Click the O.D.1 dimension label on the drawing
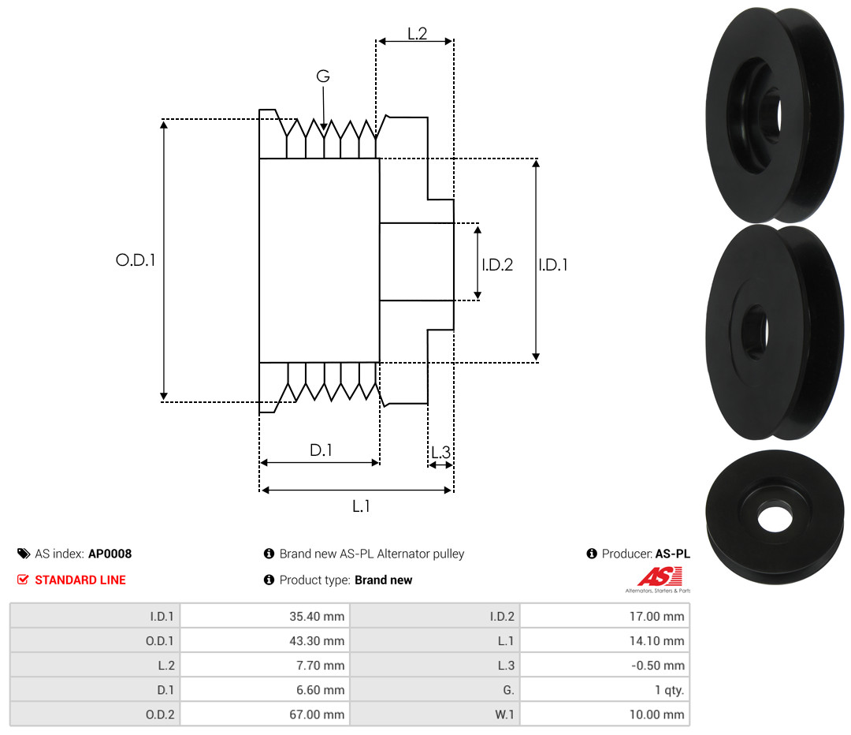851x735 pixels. tap(136, 260)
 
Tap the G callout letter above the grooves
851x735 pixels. tap(323, 76)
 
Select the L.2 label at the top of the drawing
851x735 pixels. tap(418, 34)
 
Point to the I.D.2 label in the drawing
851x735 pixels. tap(497, 264)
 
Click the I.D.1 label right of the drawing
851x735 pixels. tap(553, 264)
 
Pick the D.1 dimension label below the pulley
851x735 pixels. tap(321, 450)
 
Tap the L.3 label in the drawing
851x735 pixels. tap(440, 452)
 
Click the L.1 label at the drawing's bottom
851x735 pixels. tap(361, 506)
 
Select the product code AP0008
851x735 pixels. tap(110, 554)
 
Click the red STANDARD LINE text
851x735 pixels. tap(80, 580)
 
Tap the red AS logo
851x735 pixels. tap(660, 576)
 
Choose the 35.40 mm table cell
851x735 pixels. tap(317, 617)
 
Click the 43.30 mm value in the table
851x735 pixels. tap(317, 641)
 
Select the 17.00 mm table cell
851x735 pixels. tap(656, 617)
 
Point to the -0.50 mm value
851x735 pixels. tap(658, 666)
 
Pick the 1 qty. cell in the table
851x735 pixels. tap(669, 690)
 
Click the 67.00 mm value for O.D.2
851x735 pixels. tap(317, 714)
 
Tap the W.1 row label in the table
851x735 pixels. tap(504, 714)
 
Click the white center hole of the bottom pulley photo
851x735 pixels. tap(775, 519)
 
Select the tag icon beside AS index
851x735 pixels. tap(24, 554)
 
